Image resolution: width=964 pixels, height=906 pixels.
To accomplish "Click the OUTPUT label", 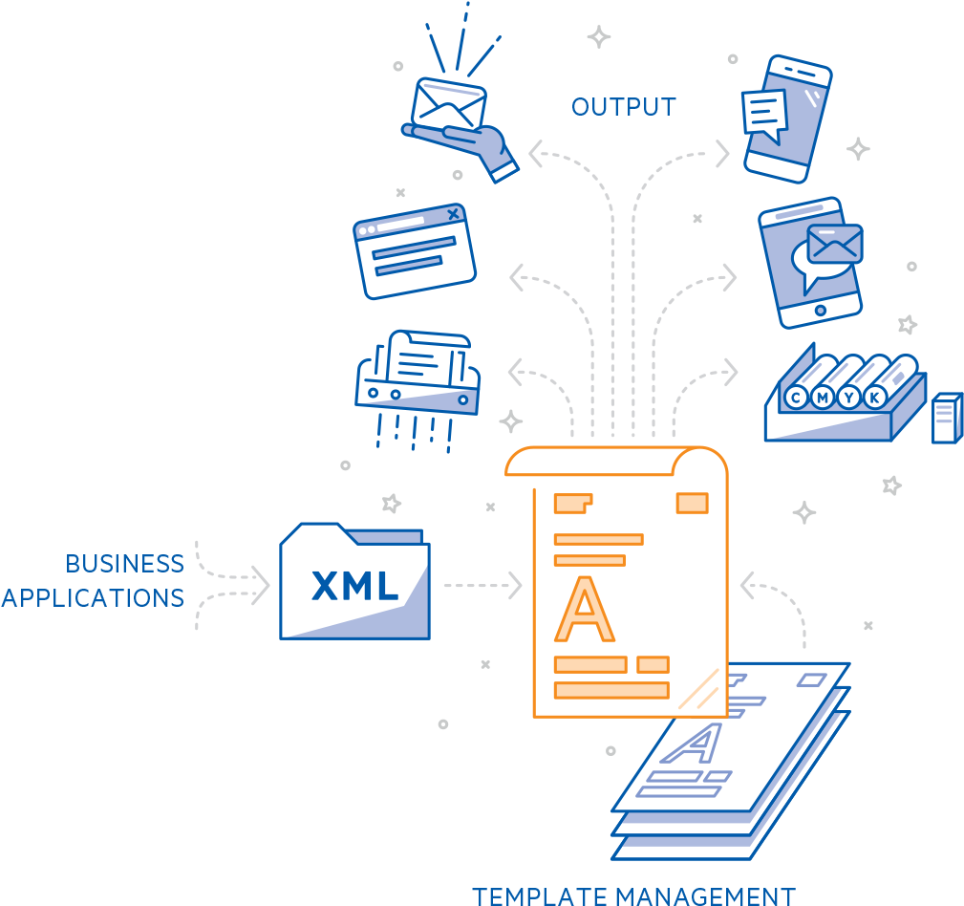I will click(x=623, y=107).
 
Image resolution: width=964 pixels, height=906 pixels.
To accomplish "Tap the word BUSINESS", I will click(x=124, y=564).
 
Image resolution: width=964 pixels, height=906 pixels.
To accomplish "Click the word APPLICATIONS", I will click(x=93, y=598).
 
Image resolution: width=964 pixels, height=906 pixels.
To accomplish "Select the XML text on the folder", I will click(x=354, y=585).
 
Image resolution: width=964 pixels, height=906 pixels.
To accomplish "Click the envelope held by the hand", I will click(x=448, y=106).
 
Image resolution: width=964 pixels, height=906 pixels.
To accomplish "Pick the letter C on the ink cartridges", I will click(x=793, y=398).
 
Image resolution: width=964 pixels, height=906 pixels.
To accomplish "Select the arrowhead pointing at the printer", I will click(x=516, y=372).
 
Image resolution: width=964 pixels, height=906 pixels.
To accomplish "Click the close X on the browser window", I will click(x=454, y=213).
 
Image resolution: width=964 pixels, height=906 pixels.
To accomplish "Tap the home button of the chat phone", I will click(x=820, y=311).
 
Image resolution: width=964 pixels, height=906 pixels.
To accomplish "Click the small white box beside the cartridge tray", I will click(x=946, y=419).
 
